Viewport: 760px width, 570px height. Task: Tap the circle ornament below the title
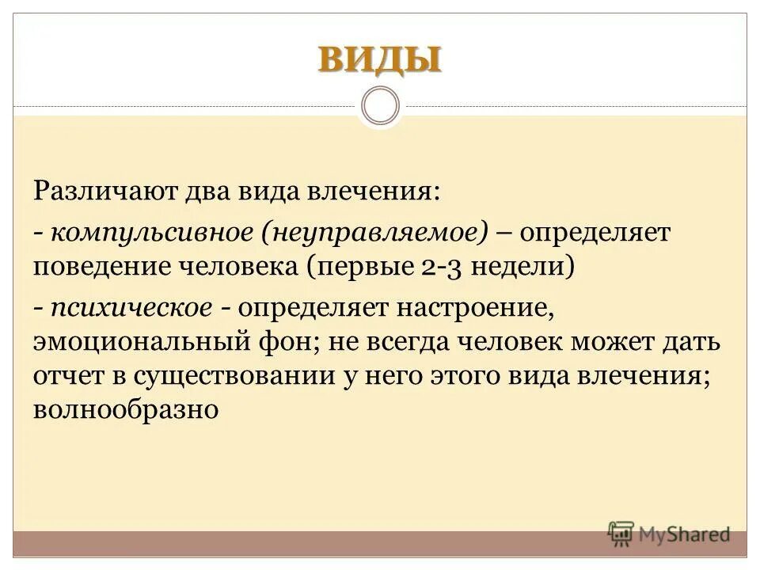pos(380,105)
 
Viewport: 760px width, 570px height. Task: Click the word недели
pos(524,265)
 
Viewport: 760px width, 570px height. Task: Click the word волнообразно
pos(125,410)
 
